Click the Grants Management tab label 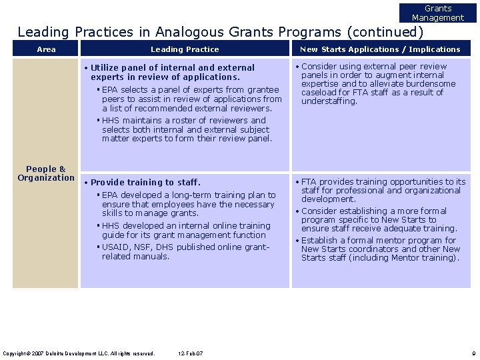pos(437,13)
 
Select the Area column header pos(47,49)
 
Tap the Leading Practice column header pos(185,49)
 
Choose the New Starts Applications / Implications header pos(380,49)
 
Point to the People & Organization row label pos(46,173)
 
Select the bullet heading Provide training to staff pos(145,182)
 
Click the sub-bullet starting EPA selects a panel pos(191,99)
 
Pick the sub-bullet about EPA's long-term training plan pos(188,204)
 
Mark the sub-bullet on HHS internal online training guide pos(186,230)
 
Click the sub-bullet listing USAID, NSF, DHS pos(185,251)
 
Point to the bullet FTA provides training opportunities pos(383,190)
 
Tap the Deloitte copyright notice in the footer pos(79,353)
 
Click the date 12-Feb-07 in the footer pos(191,353)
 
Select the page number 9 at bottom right pos(472,353)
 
